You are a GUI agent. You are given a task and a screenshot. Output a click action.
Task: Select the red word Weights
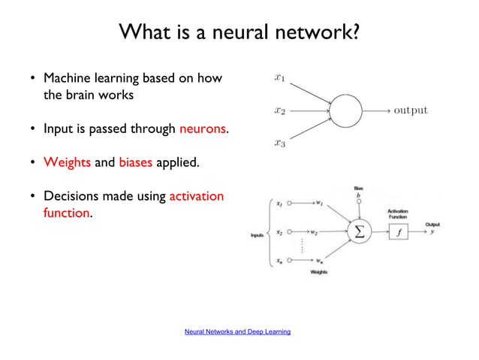pyautogui.click(x=68, y=162)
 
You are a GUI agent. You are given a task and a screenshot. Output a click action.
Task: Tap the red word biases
pyautogui.click(x=135, y=162)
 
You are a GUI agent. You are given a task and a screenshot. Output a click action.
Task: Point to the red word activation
pyautogui.click(x=197, y=196)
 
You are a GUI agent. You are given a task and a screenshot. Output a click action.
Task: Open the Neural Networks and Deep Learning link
pyautogui.click(x=237, y=331)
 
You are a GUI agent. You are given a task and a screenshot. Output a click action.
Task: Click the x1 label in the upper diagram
pyautogui.click(x=279, y=76)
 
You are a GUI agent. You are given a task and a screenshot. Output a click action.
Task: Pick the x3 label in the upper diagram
pyautogui.click(x=279, y=142)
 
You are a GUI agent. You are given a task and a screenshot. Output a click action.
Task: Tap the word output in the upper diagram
pyautogui.click(x=411, y=110)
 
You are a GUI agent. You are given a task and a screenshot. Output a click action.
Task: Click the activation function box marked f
pyautogui.click(x=398, y=233)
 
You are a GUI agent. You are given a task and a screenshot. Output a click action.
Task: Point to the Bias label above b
pyautogui.click(x=359, y=187)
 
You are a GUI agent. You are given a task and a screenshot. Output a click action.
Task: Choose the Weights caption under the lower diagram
pyautogui.click(x=318, y=272)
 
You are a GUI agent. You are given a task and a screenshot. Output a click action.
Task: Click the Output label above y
pyautogui.click(x=432, y=223)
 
